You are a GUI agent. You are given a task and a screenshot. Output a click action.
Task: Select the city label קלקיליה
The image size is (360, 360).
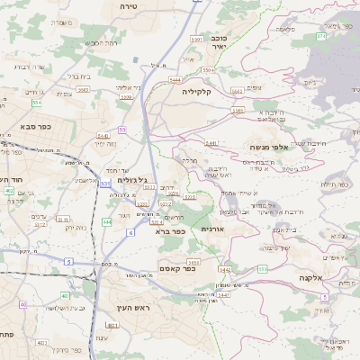tap(195, 92)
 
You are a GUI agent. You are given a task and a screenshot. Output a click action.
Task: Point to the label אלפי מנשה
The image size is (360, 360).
tap(269, 146)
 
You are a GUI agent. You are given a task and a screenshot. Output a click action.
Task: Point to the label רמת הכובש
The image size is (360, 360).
tap(96, 42)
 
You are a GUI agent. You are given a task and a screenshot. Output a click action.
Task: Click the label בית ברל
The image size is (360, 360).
tap(83, 77)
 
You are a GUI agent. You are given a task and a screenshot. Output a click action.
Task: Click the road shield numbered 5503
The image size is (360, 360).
tap(127, 97)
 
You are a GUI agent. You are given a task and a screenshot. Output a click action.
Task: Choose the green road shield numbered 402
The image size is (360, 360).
tap(9, 191)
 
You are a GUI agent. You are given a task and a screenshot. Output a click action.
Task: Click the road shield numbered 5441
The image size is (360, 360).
tap(212, 142)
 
